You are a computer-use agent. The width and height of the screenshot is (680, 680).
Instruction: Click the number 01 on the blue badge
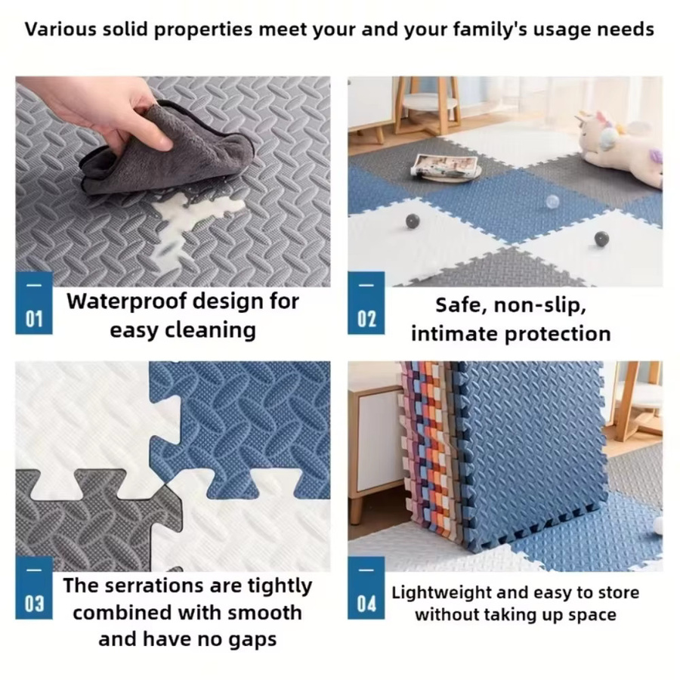click(x=34, y=319)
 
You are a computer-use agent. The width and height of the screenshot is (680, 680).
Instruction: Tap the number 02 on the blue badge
click(x=366, y=319)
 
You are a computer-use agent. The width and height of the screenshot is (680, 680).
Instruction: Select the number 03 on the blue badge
click(x=34, y=604)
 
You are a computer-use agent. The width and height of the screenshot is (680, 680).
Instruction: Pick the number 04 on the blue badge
click(x=366, y=604)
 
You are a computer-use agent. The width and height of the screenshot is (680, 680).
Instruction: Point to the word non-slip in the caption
click(x=540, y=305)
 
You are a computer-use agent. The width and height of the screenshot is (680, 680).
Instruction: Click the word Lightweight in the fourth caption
click(x=441, y=593)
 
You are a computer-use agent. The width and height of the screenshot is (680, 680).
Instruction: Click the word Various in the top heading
click(x=60, y=29)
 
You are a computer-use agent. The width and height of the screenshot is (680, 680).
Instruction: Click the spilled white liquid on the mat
click(x=195, y=221)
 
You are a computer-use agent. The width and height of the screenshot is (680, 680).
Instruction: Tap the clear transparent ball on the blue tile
click(x=552, y=201)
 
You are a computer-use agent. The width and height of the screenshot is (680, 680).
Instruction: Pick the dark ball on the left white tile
click(x=413, y=221)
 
